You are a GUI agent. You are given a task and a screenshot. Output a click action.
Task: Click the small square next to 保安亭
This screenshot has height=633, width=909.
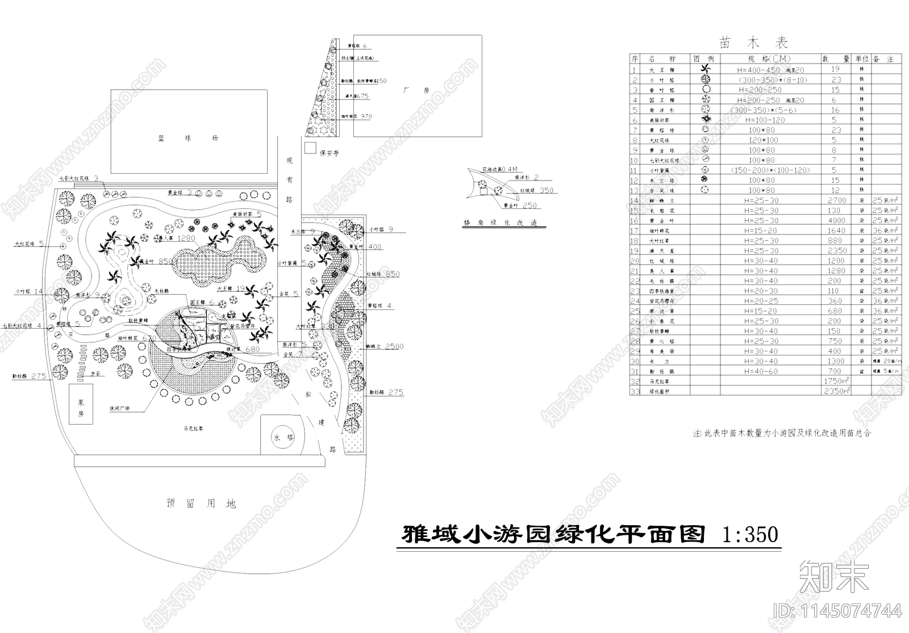point(310,148)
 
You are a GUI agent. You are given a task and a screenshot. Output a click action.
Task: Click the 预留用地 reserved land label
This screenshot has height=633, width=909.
point(201,503)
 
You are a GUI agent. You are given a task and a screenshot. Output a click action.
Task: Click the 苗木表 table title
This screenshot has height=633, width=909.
point(753,43)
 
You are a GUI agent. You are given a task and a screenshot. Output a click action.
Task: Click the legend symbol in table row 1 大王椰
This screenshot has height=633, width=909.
point(705,69)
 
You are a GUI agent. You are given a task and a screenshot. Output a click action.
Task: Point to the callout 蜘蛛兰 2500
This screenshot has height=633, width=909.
point(385,346)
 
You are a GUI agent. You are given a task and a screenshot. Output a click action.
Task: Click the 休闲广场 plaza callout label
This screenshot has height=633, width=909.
point(119,408)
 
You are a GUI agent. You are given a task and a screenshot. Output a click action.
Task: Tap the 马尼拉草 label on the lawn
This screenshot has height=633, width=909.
point(194,428)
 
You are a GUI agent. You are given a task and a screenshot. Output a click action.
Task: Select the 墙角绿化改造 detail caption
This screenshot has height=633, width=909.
point(500,223)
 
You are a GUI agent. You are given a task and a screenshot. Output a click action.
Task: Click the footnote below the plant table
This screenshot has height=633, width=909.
point(781,433)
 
